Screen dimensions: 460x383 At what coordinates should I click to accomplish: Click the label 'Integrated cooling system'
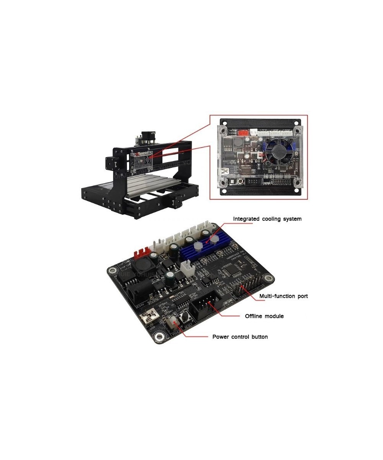pyautogui.click(x=267, y=219)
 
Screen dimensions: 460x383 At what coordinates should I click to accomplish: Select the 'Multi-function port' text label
pyautogui.click(x=283, y=296)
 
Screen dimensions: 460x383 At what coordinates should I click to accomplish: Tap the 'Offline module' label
pyautogui.click(x=264, y=316)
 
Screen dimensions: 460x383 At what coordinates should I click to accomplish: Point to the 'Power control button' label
pyautogui.click(x=240, y=337)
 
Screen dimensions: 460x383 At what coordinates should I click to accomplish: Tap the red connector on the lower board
pyautogui.click(x=140, y=253)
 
